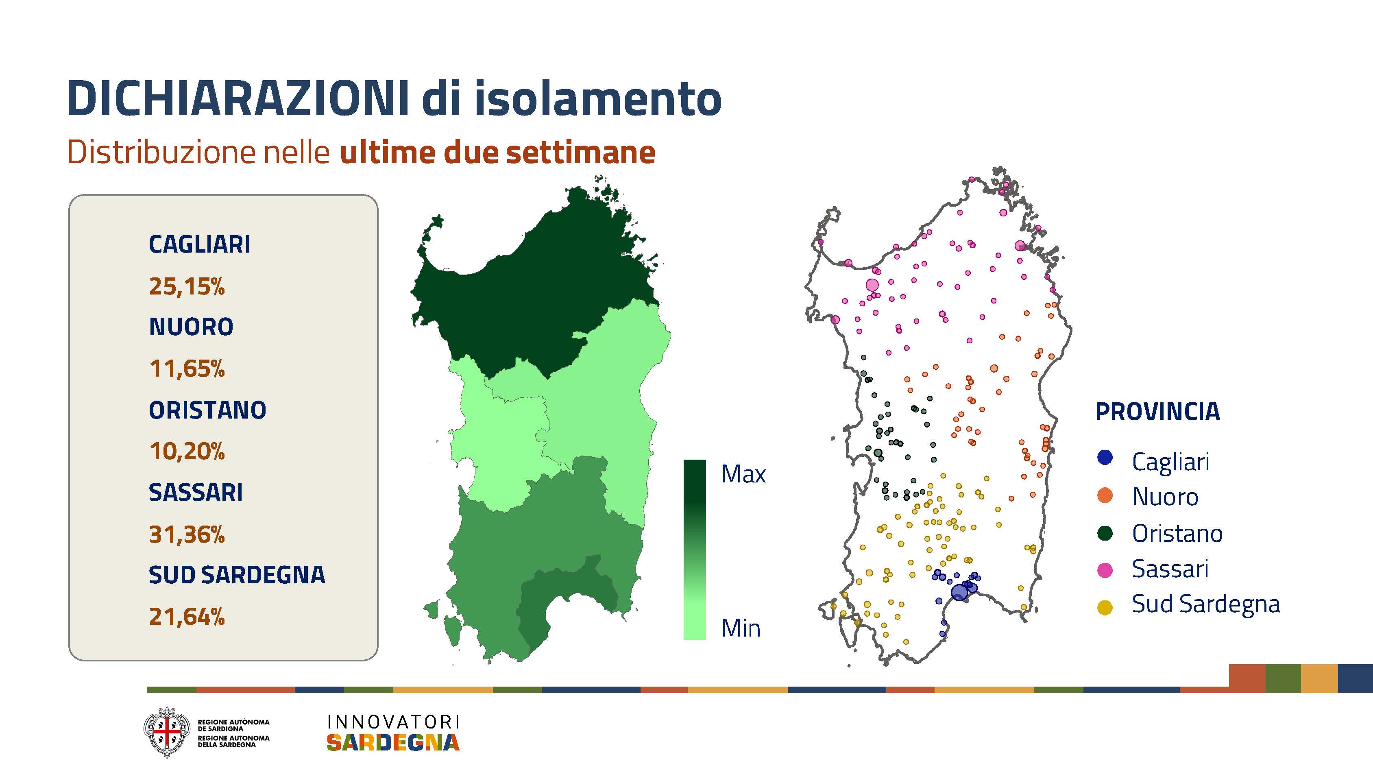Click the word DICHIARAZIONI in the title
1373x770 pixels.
pos(238,99)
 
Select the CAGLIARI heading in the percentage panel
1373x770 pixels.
pos(199,244)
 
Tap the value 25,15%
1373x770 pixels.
pos(187,286)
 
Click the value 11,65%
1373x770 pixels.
pos(187,369)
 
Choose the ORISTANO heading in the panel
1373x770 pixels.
pos(207,410)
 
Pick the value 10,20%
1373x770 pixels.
pos(187,452)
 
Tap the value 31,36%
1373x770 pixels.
pos(187,534)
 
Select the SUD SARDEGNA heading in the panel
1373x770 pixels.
pos(237,575)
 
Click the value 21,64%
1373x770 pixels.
pos(187,617)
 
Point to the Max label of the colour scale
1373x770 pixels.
pos(743,474)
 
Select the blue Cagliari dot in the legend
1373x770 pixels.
pos(1105,458)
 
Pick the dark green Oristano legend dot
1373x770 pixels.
pos(1105,533)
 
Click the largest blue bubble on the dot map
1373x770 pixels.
pos(959,592)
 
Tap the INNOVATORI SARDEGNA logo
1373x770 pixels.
pos(393,733)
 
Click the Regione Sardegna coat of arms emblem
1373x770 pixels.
pos(167,732)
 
